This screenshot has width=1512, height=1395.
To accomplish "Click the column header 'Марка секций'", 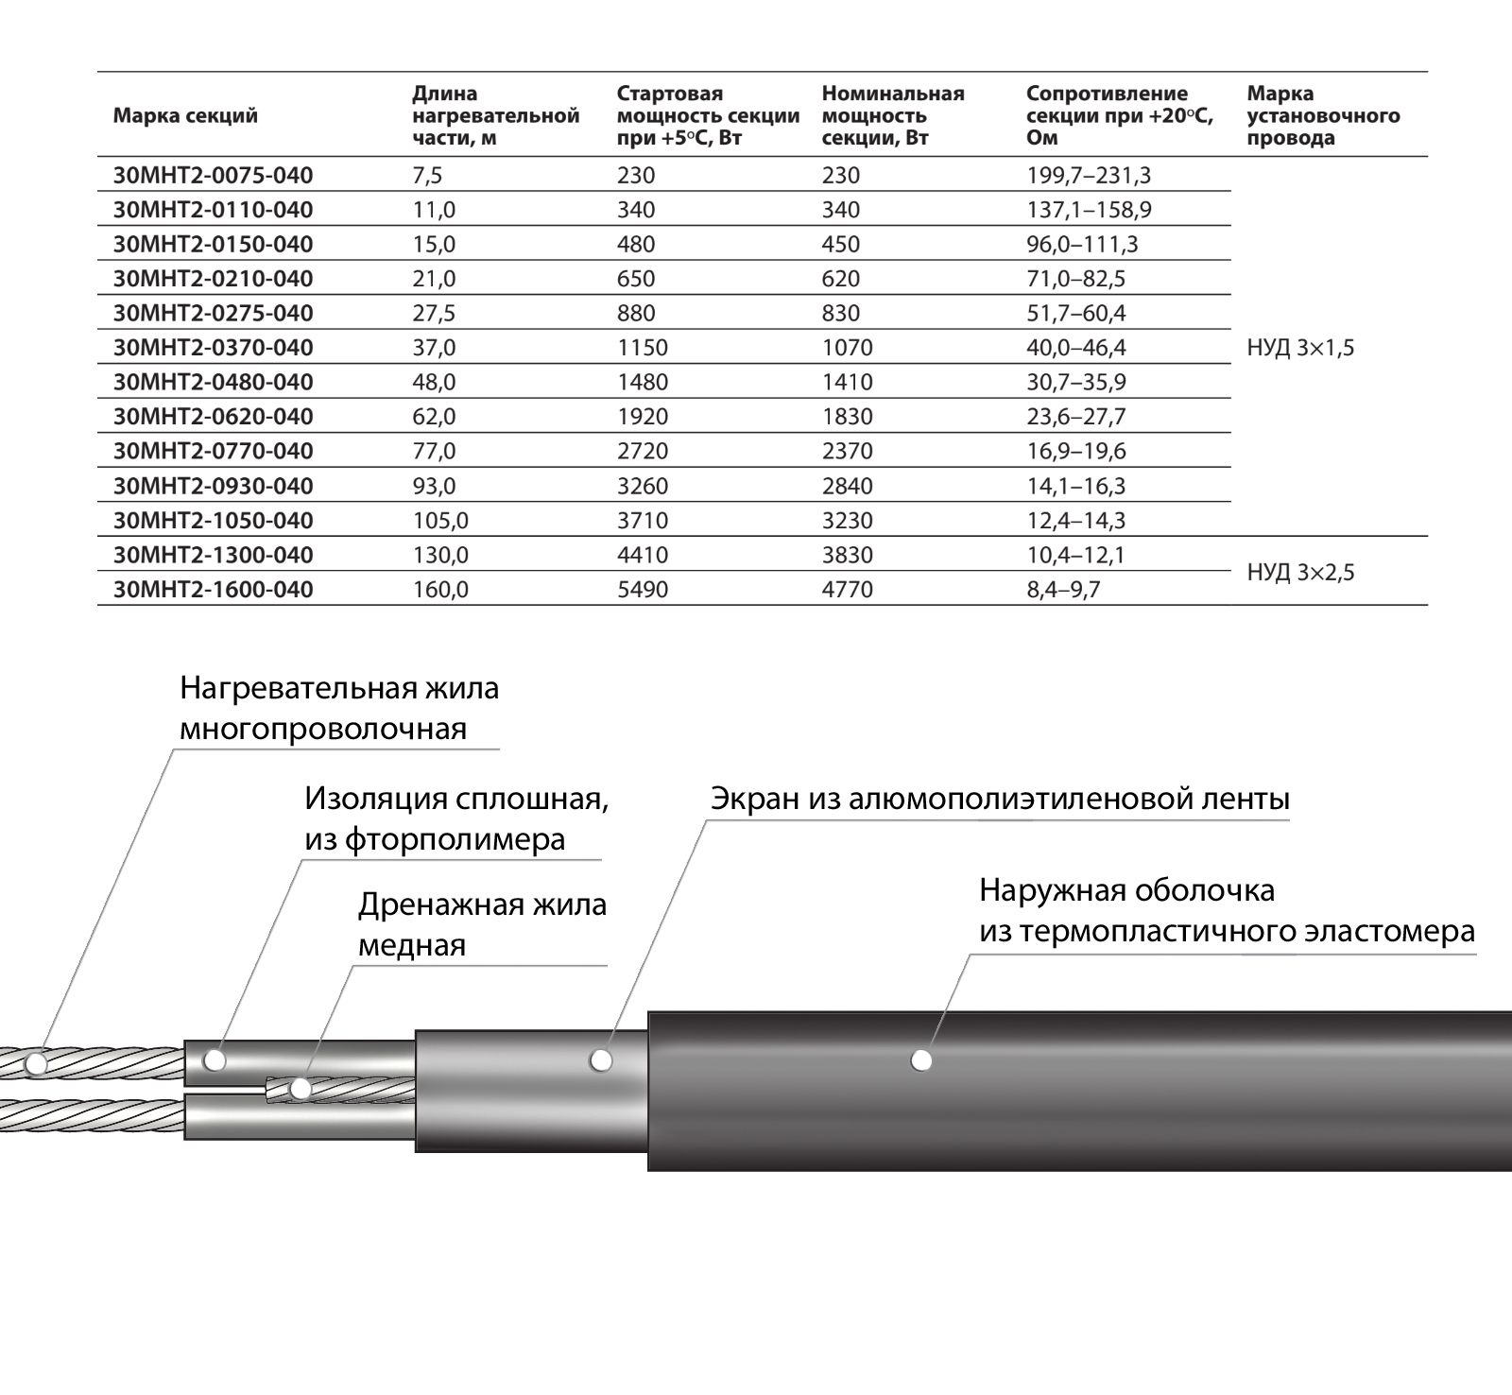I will pos(185,116).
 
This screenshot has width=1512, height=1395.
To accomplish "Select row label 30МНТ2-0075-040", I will pos(213,176).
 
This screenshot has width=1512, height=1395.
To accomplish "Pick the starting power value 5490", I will pos(643,590).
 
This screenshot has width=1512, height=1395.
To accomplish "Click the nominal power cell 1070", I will pos(847,348).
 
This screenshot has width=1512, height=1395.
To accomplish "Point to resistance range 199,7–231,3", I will pos(1089,176).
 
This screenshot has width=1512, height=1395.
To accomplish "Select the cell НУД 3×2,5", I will pos(1300,573).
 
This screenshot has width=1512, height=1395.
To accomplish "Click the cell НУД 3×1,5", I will pos(1300,348).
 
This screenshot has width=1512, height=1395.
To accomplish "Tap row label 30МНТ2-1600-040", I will pos(213,590).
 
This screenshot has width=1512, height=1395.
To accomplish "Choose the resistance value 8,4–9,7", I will pos(1063,590).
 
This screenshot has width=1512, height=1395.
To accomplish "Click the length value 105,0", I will pos(440,521).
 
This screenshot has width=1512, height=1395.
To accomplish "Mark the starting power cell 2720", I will pos(643,452).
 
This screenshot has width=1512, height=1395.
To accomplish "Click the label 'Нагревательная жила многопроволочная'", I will pos(338,709).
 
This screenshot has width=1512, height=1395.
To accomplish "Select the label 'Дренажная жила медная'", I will pos(482,924).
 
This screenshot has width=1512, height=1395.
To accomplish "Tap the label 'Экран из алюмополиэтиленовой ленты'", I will pos(1000,800).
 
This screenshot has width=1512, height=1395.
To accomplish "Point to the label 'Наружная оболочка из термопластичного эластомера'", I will pos(1226,911).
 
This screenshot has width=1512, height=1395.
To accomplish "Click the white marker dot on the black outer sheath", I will pos(921,1060).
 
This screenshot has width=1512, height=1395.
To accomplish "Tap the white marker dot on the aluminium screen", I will pos(600,1060).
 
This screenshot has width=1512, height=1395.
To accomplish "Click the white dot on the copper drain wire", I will pos(301,1090).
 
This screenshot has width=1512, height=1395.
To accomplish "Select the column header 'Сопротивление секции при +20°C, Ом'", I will pos(1119,116).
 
